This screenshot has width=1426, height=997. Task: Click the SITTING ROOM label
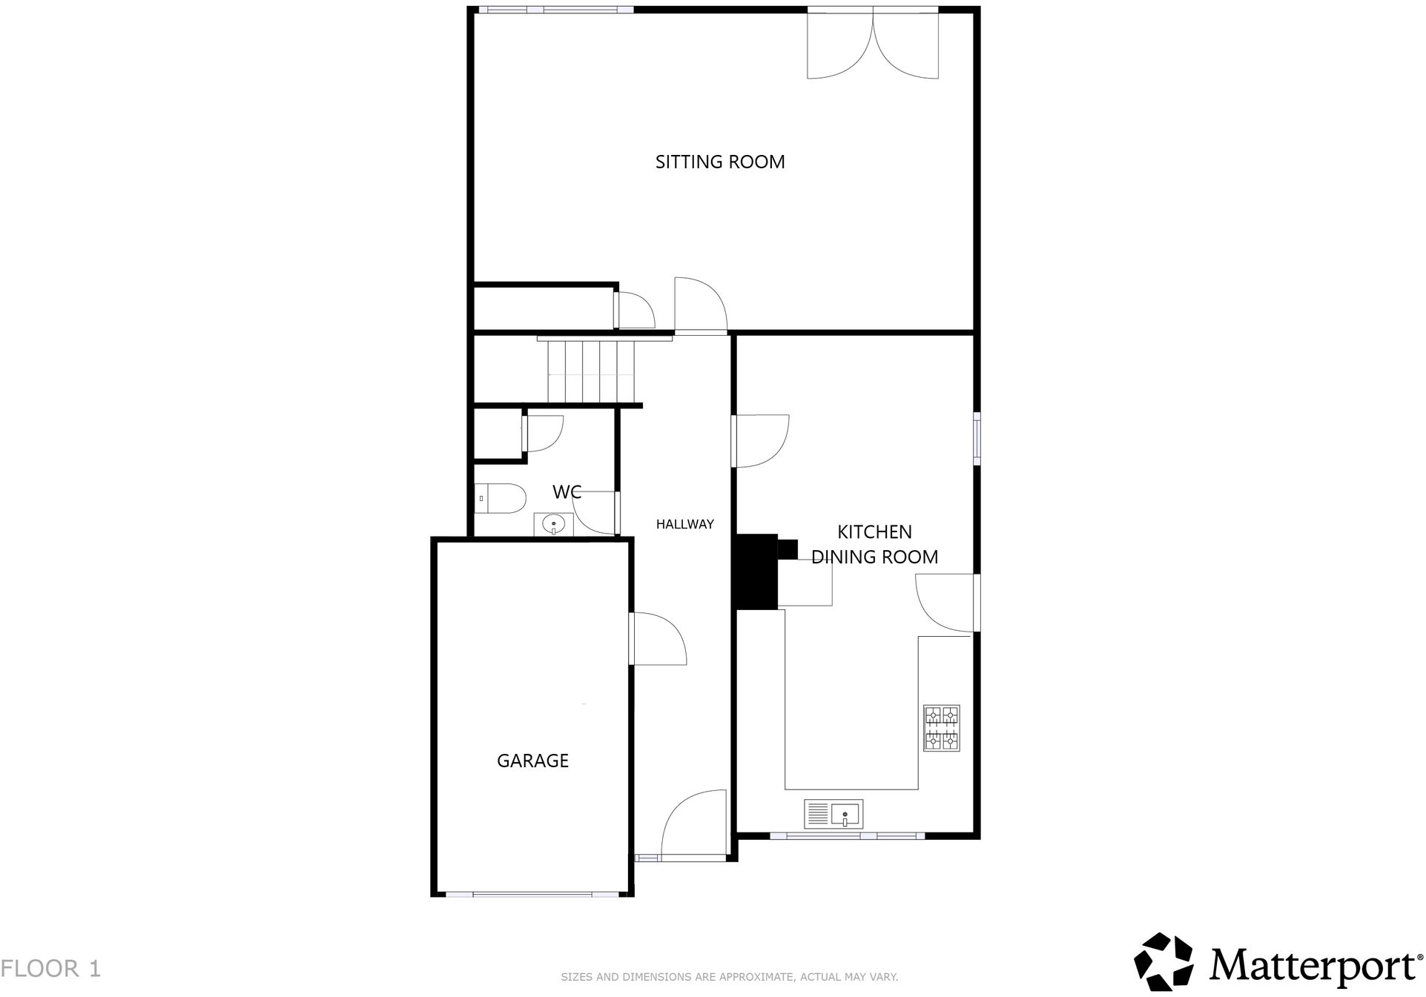[x=719, y=162]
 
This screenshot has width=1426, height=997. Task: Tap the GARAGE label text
[x=532, y=761]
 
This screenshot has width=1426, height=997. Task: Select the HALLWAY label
[x=684, y=524]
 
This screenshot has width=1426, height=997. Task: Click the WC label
[x=567, y=492]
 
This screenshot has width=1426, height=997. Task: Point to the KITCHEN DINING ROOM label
[x=874, y=544]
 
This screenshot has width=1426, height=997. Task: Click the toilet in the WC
[x=501, y=498]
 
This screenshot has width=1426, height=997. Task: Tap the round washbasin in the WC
[x=553, y=525]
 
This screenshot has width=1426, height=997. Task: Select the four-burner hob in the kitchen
[x=941, y=728]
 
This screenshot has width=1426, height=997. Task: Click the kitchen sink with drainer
[x=834, y=814]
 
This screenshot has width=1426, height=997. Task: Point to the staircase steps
[x=591, y=371]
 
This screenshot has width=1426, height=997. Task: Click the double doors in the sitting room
[x=872, y=44]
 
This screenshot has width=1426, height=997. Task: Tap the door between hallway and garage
[x=657, y=638]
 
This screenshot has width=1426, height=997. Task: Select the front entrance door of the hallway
[x=693, y=824]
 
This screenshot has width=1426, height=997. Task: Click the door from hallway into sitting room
[x=700, y=305]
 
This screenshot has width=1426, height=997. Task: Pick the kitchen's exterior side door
[x=946, y=603]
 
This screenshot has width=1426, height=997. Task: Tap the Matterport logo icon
[x=1163, y=961]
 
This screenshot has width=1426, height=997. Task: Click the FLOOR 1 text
[x=50, y=968]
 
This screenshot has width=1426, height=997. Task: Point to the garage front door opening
[x=532, y=895]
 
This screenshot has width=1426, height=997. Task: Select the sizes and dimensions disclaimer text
[x=729, y=977]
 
